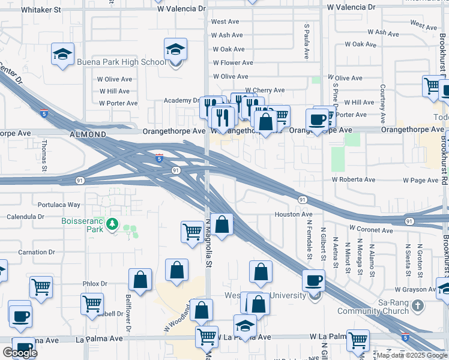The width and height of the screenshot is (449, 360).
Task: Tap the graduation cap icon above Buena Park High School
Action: (175, 49)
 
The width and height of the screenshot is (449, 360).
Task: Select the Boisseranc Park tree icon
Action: (112, 224)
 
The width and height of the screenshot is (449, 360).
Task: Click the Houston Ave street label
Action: (294, 214)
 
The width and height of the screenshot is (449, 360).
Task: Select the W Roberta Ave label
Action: (354, 179)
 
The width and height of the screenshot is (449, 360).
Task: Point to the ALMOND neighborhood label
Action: (88, 134)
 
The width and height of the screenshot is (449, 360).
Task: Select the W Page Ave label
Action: (421, 180)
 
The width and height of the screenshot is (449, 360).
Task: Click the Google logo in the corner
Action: (20, 352)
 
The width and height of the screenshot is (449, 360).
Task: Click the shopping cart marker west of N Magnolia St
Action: (192, 231)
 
